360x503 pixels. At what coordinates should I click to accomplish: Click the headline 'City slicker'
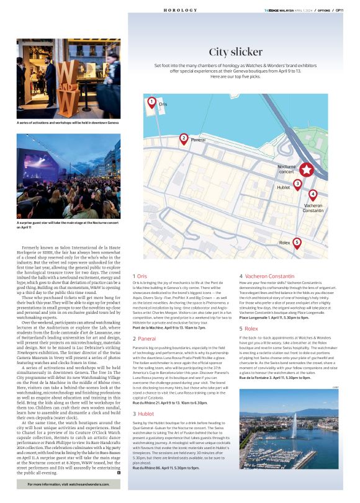point(235,52)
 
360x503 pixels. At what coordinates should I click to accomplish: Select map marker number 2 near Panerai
point(183,139)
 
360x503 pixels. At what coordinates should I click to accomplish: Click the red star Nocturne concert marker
point(307,170)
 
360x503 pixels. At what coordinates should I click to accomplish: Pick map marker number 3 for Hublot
point(297,184)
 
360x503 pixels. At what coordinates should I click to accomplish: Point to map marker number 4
point(312,194)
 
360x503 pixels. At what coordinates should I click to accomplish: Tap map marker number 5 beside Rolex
point(297,243)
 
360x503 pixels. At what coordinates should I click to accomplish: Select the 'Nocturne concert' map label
point(286,169)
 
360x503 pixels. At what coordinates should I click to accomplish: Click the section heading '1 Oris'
point(140,275)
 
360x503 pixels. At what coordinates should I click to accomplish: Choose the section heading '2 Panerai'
point(144,339)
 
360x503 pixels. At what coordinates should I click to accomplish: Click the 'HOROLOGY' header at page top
point(180,11)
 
